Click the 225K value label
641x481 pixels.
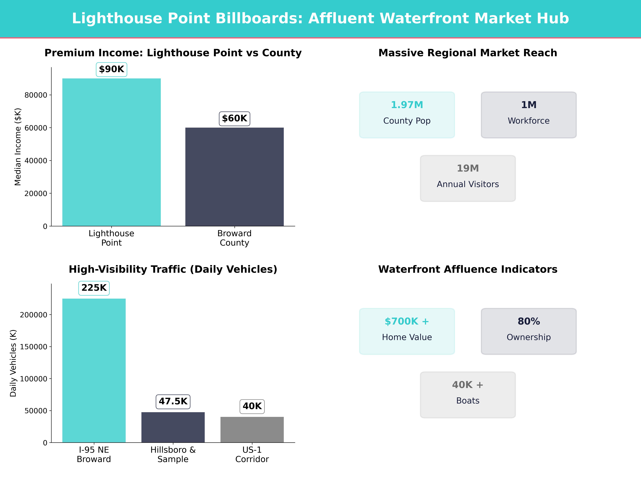tap(94, 288)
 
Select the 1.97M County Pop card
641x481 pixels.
tap(407, 115)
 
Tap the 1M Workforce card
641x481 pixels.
tap(529, 115)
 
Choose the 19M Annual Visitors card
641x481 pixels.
tap(468, 178)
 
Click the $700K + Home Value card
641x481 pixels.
tap(407, 331)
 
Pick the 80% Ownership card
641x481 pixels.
tap(529, 331)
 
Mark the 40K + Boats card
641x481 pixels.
tap(468, 395)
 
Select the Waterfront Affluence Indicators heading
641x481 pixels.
tap(468, 269)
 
